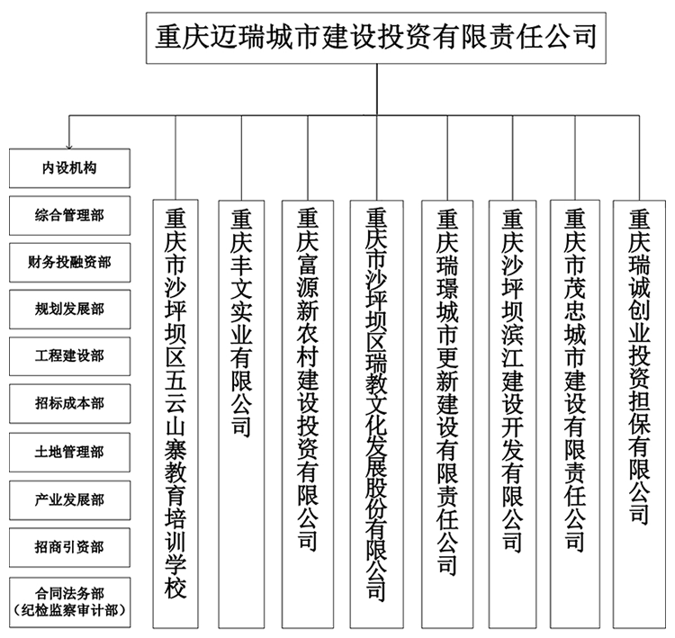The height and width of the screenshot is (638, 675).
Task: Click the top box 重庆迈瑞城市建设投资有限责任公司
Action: (x=376, y=38)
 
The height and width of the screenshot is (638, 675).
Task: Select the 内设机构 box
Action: (x=69, y=168)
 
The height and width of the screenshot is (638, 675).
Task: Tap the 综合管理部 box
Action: (x=69, y=216)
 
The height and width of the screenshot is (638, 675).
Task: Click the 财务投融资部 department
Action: (x=69, y=263)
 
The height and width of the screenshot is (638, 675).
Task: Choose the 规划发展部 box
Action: (x=69, y=310)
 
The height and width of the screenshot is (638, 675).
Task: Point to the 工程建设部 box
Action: (x=69, y=356)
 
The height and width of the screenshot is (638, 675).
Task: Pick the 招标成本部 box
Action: (x=69, y=404)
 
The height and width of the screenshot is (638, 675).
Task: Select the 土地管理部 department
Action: (x=69, y=453)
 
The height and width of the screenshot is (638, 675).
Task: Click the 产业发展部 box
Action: (x=69, y=500)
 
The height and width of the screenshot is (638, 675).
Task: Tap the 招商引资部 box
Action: (x=69, y=548)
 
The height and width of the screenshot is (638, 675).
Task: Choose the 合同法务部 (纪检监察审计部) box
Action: (x=69, y=602)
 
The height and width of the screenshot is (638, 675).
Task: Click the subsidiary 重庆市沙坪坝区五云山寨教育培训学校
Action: (x=175, y=414)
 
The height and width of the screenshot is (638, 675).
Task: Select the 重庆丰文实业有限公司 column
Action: (x=241, y=414)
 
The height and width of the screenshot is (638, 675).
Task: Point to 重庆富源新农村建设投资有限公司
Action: (x=308, y=414)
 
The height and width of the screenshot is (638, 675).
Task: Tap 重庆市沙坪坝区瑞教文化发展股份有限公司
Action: (x=377, y=414)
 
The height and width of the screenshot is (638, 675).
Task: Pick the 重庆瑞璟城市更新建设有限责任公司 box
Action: (x=447, y=414)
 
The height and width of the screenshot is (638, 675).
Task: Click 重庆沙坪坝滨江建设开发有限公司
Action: (x=513, y=414)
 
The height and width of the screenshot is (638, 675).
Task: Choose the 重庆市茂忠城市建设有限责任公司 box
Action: (x=575, y=414)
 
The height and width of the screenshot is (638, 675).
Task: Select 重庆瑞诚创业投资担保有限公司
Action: (x=639, y=414)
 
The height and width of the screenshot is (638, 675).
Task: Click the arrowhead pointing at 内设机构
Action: (x=69, y=148)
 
